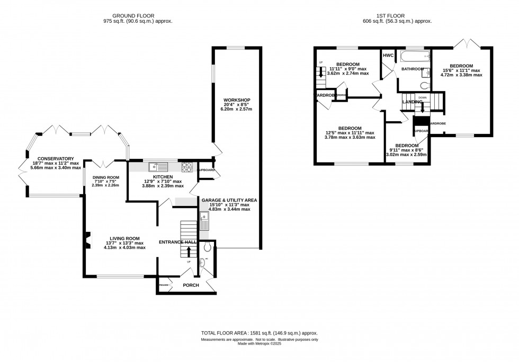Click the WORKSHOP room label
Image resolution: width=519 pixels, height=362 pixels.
pyautogui.click(x=236, y=100)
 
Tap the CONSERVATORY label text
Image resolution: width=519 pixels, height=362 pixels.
pyautogui.click(x=51, y=158)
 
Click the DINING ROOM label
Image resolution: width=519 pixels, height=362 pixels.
pyautogui.click(x=106, y=177)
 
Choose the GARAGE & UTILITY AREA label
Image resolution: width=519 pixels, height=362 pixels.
pyautogui.click(x=229, y=200)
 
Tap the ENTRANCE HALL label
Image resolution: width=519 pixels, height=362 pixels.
pyautogui.click(x=177, y=242)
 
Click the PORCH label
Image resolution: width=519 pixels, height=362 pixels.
pyautogui.click(x=191, y=285)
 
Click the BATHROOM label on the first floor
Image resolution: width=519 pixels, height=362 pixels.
pyautogui.click(x=412, y=69)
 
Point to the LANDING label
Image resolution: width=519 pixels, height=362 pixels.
pyautogui.click(x=412, y=102)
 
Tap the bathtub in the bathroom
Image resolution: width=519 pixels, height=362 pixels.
pyautogui.click(x=411, y=57)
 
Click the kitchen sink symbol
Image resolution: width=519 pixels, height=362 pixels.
pyautogui.click(x=158, y=167)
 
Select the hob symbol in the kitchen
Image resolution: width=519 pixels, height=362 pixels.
pyautogui.click(x=187, y=167)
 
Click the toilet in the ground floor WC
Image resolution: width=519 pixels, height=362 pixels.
pyautogui.click(x=207, y=246)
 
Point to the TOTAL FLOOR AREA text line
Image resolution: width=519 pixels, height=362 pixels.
pyautogui.click(x=259, y=333)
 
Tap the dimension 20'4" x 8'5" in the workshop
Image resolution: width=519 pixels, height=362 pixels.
pyautogui.click(x=236, y=105)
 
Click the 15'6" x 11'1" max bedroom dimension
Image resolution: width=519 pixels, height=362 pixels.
pyautogui.click(x=461, y=70)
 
